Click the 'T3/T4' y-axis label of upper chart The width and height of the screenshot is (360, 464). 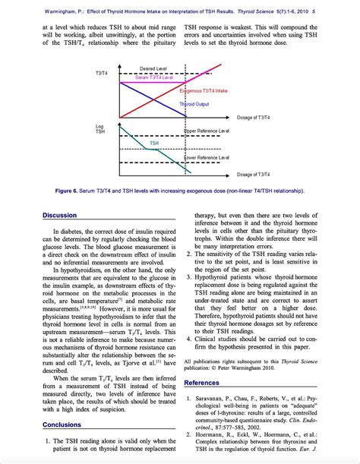(100, 73)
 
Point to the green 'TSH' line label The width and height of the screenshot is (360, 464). (153, 142)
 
